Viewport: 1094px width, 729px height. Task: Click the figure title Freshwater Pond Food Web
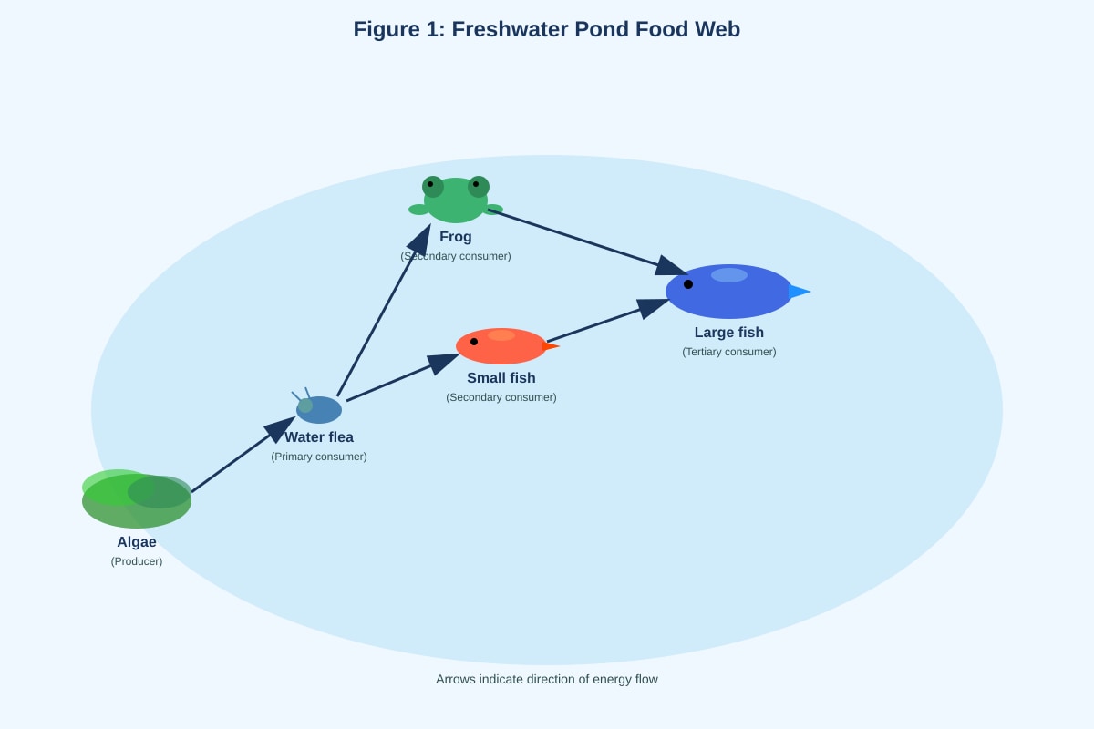(546, 29)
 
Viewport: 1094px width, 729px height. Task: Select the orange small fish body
(501, 346)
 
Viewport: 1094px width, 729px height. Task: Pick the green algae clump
(136, 499)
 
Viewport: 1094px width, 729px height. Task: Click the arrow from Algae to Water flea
(243, 455)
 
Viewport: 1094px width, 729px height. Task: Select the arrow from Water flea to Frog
(384, 310)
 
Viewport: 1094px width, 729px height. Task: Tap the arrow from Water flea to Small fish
(403, 378)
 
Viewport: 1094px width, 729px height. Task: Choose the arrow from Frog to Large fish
(587, 242)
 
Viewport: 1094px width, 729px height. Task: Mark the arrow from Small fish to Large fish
(608, 321)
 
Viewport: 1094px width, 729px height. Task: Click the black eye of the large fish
(688, 284)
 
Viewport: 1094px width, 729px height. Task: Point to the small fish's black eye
(474, 342)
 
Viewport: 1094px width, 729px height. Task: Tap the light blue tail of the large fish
(799, 292)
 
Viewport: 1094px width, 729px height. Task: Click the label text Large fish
(728, 333)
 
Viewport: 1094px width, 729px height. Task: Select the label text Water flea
(319, 437)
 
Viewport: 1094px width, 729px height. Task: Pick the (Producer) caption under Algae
(136, 561)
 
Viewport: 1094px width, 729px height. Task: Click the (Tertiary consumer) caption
(728, 352)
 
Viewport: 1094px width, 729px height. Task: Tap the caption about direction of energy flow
(546, 680)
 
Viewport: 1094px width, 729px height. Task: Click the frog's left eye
(433, 187)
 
